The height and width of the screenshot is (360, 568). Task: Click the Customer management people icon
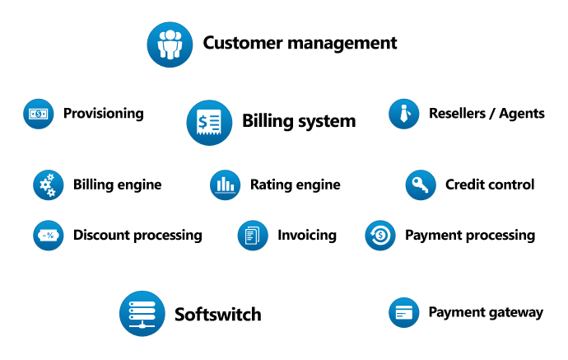point(170,44)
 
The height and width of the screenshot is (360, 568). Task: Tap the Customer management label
point(300,43)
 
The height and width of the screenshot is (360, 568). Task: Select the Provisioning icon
point(38,114)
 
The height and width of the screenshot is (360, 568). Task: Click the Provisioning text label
point(103,114)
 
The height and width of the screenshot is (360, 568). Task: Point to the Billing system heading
point(299,121)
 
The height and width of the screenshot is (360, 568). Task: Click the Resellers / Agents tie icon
point(404,114)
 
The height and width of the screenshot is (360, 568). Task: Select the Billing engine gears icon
point(48,185)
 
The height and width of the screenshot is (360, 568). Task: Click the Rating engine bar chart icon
point(225,185)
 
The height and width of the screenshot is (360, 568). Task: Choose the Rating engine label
point(295,185)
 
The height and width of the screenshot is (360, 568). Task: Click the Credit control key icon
point(421,185)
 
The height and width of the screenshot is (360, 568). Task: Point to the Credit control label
point(490,185)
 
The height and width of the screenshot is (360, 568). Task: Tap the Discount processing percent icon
point(48,236)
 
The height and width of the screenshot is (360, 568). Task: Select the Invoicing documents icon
point(253,236)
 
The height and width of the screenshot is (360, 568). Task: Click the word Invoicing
point(307,236)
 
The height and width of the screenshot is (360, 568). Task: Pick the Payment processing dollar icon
point(379,236)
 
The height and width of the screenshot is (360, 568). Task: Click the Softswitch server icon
point(142,314)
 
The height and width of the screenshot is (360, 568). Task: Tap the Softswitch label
point(218,314)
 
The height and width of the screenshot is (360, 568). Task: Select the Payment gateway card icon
point(403,313)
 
